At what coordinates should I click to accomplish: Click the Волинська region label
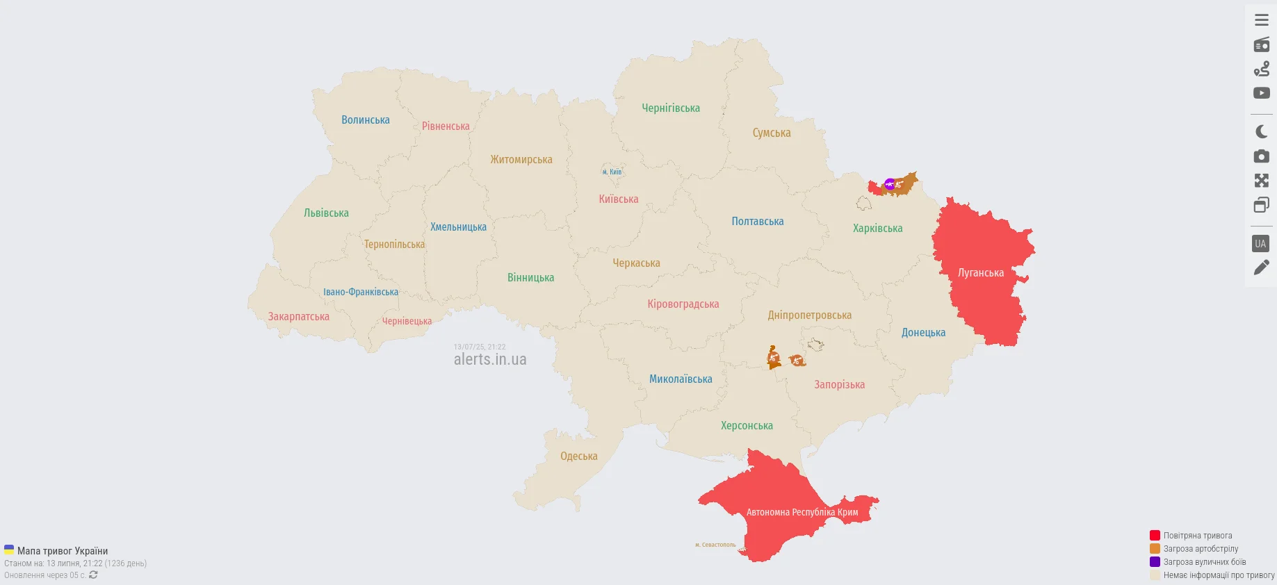pyautogui.click(x=366, y=120)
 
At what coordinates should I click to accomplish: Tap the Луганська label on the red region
pyautogui.click(x=980, y=273)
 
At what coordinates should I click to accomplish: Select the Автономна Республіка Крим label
pyautogui.click(x=802, y=512)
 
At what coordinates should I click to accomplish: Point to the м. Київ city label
pyautogui.click(x=612, y=172)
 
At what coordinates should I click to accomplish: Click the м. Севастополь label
pyautogui.click(x=715, y=545)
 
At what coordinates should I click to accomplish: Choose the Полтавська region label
pyautogui.click(x=757, y=222)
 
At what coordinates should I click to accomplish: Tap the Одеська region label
pyautogui.click(x=578, y=456)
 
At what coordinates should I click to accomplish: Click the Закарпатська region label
pyautogui.click(x=298, y=317)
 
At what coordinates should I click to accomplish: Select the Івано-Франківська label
pyautogui.click(x=360, y=292)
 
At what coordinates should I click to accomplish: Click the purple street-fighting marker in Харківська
pyautogui.click(x=889, y=184)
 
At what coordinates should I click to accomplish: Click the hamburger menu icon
pyautogui.click(x=1261, y=20)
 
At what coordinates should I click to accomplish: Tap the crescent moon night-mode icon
pyautogui.click(x=1261, y=131)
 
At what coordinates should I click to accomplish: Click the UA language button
pyautogui.click(x=1260, y=244)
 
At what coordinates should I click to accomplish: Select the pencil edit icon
pyautogui.click(x=1261, y=267)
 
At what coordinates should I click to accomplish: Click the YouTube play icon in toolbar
pyautogui.click(x=1261, y=93)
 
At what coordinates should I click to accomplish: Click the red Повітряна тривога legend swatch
pyautogui.click(x=1155, y=536)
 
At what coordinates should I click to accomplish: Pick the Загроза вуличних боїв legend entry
pyautogui.click(x=1204, y=562)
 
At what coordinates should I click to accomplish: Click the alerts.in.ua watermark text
pyautogui.click(x=490, y=359)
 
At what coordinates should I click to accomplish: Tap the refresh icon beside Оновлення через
pyautogui.click(x=93, y=575)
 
